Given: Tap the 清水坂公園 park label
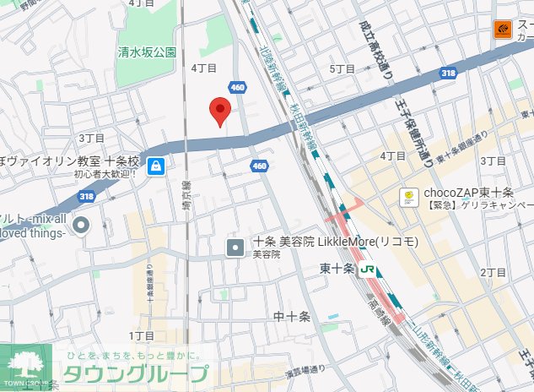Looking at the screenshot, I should [148, 52].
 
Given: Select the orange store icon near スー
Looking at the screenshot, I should [503, 30].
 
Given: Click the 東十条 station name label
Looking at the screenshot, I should [337, 269].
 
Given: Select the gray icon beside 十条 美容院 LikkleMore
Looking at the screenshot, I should [236, 248].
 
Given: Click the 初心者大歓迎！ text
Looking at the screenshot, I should [105, 174].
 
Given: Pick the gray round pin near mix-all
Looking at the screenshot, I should [82, 225].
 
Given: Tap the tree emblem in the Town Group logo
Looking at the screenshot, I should [27, 364].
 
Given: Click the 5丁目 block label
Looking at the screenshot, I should [343, 68].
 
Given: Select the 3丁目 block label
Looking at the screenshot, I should [91, 138].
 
